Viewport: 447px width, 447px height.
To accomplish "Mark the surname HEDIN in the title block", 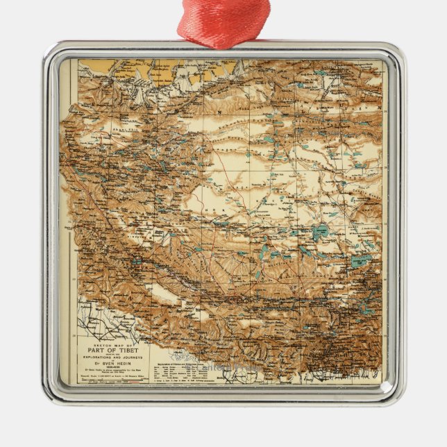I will (124, 362).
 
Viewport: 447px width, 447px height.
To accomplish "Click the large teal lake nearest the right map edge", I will (361, 261).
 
